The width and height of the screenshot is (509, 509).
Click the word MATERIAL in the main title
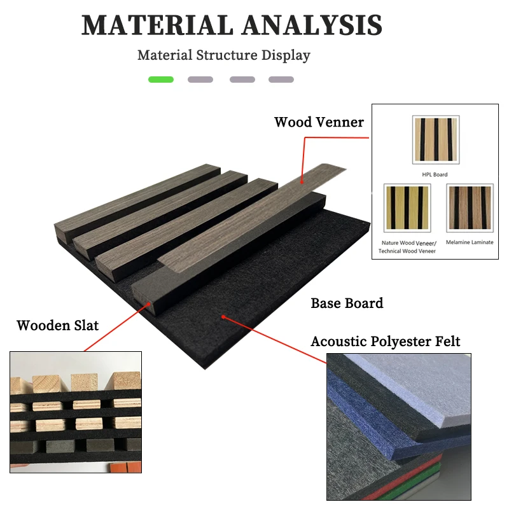pos(157,25)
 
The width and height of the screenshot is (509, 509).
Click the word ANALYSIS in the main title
pos(312,25)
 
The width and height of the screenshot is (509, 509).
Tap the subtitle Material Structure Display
pos(224,55)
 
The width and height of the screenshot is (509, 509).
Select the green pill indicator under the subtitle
pos(161,80)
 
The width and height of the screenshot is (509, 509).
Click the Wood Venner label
pos(319,122)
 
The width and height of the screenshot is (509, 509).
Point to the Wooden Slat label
pos(58,326)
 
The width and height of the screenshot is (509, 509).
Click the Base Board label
pos(347,303)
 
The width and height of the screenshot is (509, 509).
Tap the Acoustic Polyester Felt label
pos(386,342)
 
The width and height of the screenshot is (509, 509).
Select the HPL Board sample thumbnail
pos(436,139)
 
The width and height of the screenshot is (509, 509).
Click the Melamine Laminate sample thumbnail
pos(470,208)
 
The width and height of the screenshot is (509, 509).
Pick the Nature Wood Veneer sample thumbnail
pos(407,208)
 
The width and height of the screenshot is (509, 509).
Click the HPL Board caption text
pos(435,174)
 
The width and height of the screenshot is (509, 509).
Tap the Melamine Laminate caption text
pos(470,242)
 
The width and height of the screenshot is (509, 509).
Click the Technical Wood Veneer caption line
pos(407,251)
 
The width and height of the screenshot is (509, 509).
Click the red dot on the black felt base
pos(223,316)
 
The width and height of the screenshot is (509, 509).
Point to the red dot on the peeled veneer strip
pos(302,182)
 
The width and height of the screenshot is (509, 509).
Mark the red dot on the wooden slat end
pos(149,304)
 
